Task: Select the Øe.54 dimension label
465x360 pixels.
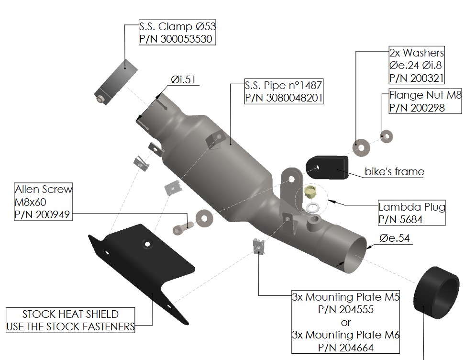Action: [x=395, y=237]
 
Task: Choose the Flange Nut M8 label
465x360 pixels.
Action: [x=425, y=95]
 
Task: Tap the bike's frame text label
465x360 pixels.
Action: [x=394, y=171]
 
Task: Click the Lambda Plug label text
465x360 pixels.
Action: [x=412, y=207]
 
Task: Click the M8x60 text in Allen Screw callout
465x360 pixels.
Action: [x=31, y=202]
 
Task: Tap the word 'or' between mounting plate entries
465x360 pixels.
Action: [x=346, y=322]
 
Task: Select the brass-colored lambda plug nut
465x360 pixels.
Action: [x=310, y=193]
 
